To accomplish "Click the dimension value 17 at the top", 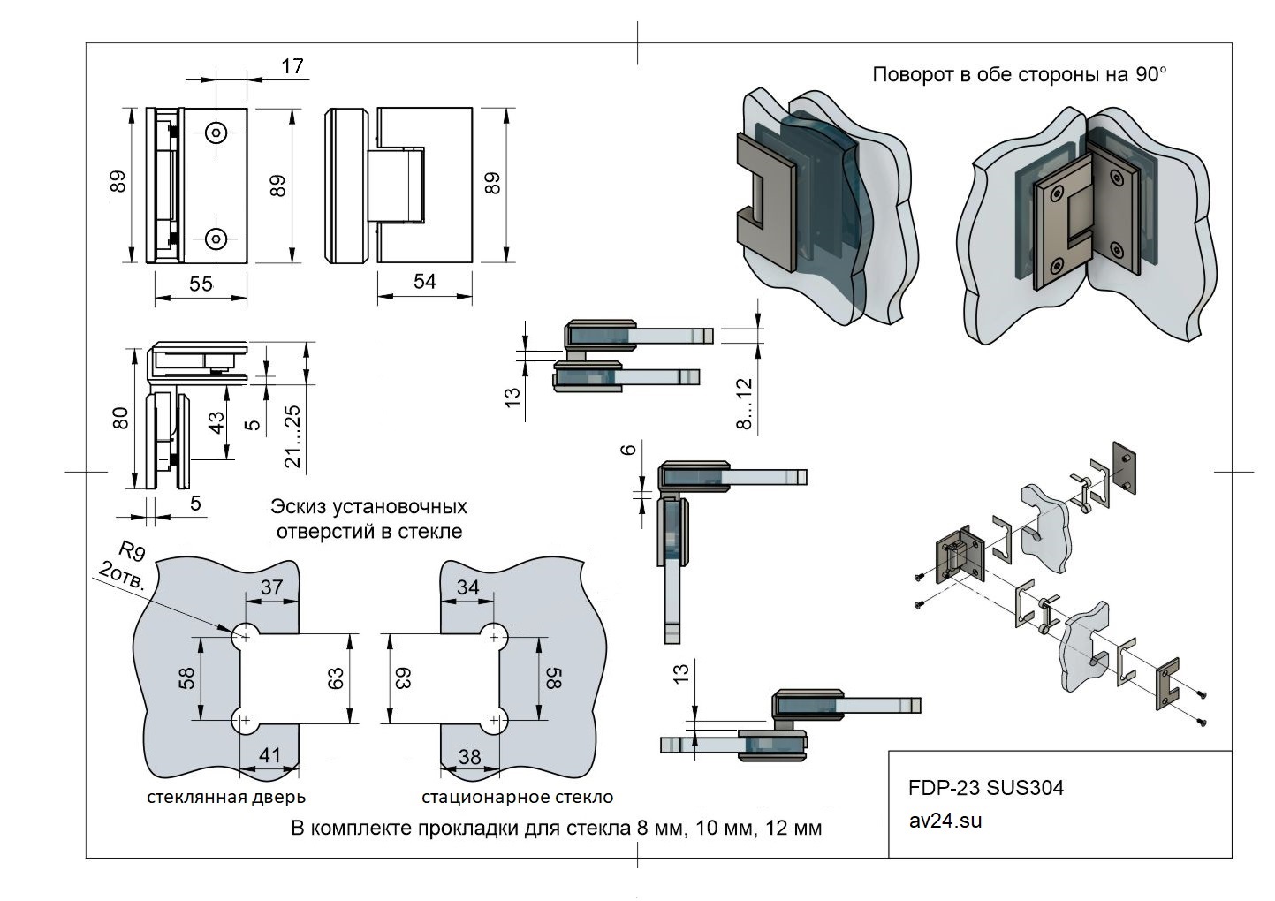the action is (x=292, y=66).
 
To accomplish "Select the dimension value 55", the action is (x=201, y=284).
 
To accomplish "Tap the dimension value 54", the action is (x=425, y=281).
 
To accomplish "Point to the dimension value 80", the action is (x=120, y=418).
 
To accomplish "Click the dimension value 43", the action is (x=216, y=422).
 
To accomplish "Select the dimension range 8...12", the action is (x=744, y=404).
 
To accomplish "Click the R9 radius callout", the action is (x=132, y=551).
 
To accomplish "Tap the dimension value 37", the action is (x=271, y=587).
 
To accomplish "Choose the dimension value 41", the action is (x=269, y=755).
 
